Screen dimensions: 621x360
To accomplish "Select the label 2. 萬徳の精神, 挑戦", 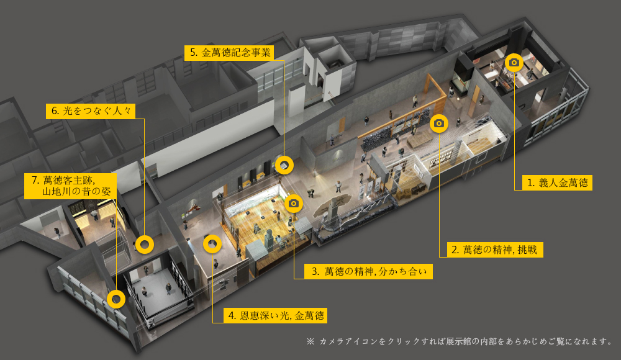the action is click(x=495, y=250).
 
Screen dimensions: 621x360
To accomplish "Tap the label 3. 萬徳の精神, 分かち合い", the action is click(x=368, y=271).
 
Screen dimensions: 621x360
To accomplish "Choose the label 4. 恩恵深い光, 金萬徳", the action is click(x=276, y=316).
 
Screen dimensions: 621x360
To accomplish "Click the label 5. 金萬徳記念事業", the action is click(x=229, y=53).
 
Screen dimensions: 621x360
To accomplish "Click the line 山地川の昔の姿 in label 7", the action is click(x=76, y=192).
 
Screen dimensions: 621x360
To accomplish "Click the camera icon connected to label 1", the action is click(x=514, y=63).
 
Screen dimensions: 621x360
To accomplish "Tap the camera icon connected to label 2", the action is click(x=439, y=124).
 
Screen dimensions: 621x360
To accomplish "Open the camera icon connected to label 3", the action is click(x=294, y=204).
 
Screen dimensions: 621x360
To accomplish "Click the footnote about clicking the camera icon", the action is click(x=460, y=341).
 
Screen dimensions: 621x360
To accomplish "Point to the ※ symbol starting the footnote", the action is click(x=310, y=341).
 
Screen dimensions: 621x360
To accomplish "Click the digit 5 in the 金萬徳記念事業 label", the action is click(x=193, y=53).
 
